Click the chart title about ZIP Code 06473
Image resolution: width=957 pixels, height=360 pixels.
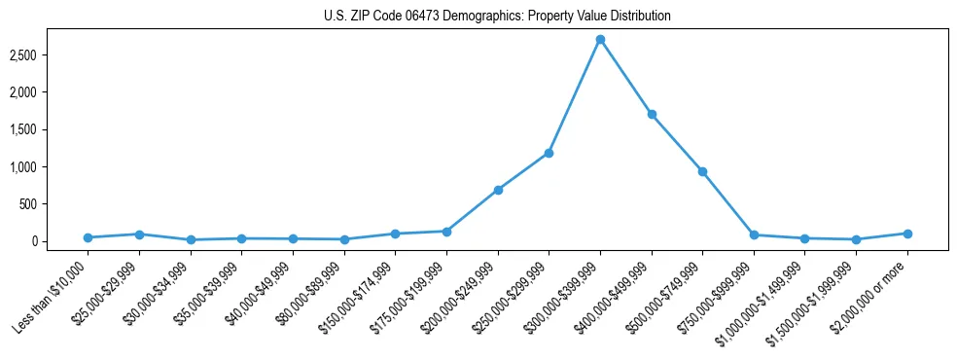pyautogui.click(x=497, y=17)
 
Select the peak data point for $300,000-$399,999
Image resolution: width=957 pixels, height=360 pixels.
pyautogui.click(x=600, y=40)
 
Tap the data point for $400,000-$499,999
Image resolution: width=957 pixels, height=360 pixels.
pyautogui.click(x=652, y=114)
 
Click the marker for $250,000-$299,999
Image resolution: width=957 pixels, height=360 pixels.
pyautogui.click(x=549, y=153)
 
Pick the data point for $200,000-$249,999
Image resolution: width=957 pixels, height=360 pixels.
pyautogui.click(x=498, y=190)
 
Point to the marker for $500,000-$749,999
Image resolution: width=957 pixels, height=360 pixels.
pyautogui.click(x=702, y=171)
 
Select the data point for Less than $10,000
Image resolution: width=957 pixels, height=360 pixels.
pyautogui.click(x=88, y=237)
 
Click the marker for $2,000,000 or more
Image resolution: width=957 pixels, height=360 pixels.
pyautogui.click(x=907, y=234)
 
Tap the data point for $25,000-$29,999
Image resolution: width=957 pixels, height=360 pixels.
pyautogui.click(x=139, y=234)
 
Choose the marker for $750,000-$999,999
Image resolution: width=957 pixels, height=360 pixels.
pyautogui.click(x=754, y=234)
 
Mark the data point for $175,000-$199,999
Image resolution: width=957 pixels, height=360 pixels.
pyautogui.click(x=446, y=232)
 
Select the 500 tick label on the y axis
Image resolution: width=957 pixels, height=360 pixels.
pyautogui.click(x=40, y=204)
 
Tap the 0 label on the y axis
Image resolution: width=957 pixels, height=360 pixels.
pyautogui.click(x=45, y=241)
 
